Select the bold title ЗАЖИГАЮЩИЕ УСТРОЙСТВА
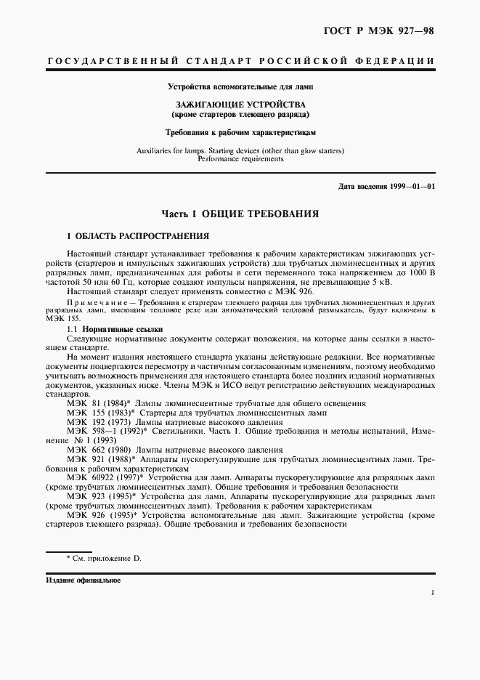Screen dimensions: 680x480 [x=239, y=105]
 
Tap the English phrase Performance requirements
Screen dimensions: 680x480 [x=240, y=158]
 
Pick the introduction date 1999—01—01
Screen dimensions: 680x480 [x=410, y=187]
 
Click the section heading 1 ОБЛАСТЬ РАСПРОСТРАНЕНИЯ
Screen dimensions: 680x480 [x=138, y=237]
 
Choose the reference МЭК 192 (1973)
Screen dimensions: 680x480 [x=99, y=422]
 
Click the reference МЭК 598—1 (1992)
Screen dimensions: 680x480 [x=106, y=432]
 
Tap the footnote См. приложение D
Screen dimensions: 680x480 [x=106, y=558]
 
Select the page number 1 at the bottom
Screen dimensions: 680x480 [x=432, y=594]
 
